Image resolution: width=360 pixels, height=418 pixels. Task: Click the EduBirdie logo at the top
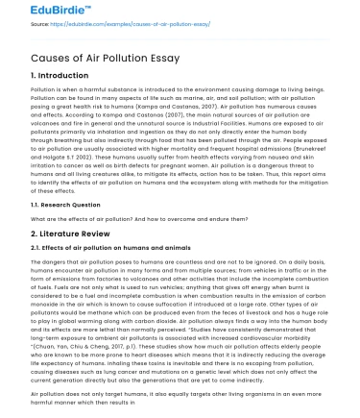(x=37, y=12)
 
